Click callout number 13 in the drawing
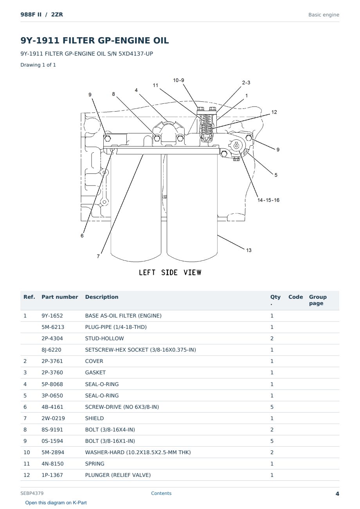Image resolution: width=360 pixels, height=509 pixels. [249, 250]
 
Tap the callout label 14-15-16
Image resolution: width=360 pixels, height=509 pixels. [268, 200]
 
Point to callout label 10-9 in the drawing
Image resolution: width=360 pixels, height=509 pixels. [178, 80]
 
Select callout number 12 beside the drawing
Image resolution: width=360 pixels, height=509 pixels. [274, 112]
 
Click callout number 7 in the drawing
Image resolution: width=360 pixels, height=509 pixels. [98, 256]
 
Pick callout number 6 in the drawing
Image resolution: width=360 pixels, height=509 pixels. [82, 236]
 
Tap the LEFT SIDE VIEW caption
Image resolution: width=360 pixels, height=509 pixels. [170, 273]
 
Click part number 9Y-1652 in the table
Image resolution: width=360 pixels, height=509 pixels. [52, 316]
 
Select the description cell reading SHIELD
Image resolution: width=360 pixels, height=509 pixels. [94, 418]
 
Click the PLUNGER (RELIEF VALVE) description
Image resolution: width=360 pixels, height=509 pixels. [118, 475]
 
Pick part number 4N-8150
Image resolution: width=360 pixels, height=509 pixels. [52, 464]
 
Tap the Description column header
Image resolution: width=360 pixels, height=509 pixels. [102, 297]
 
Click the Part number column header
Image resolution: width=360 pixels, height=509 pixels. [60, 297]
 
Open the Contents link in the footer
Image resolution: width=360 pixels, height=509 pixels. [161, 493]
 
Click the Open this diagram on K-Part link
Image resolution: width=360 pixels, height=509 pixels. [56, 502]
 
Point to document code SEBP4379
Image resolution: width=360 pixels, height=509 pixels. [32, 493]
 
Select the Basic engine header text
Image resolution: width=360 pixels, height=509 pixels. [324, 15]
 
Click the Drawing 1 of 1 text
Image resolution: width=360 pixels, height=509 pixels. [38, 65]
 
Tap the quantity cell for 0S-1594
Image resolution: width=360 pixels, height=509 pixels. [272, 441]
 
